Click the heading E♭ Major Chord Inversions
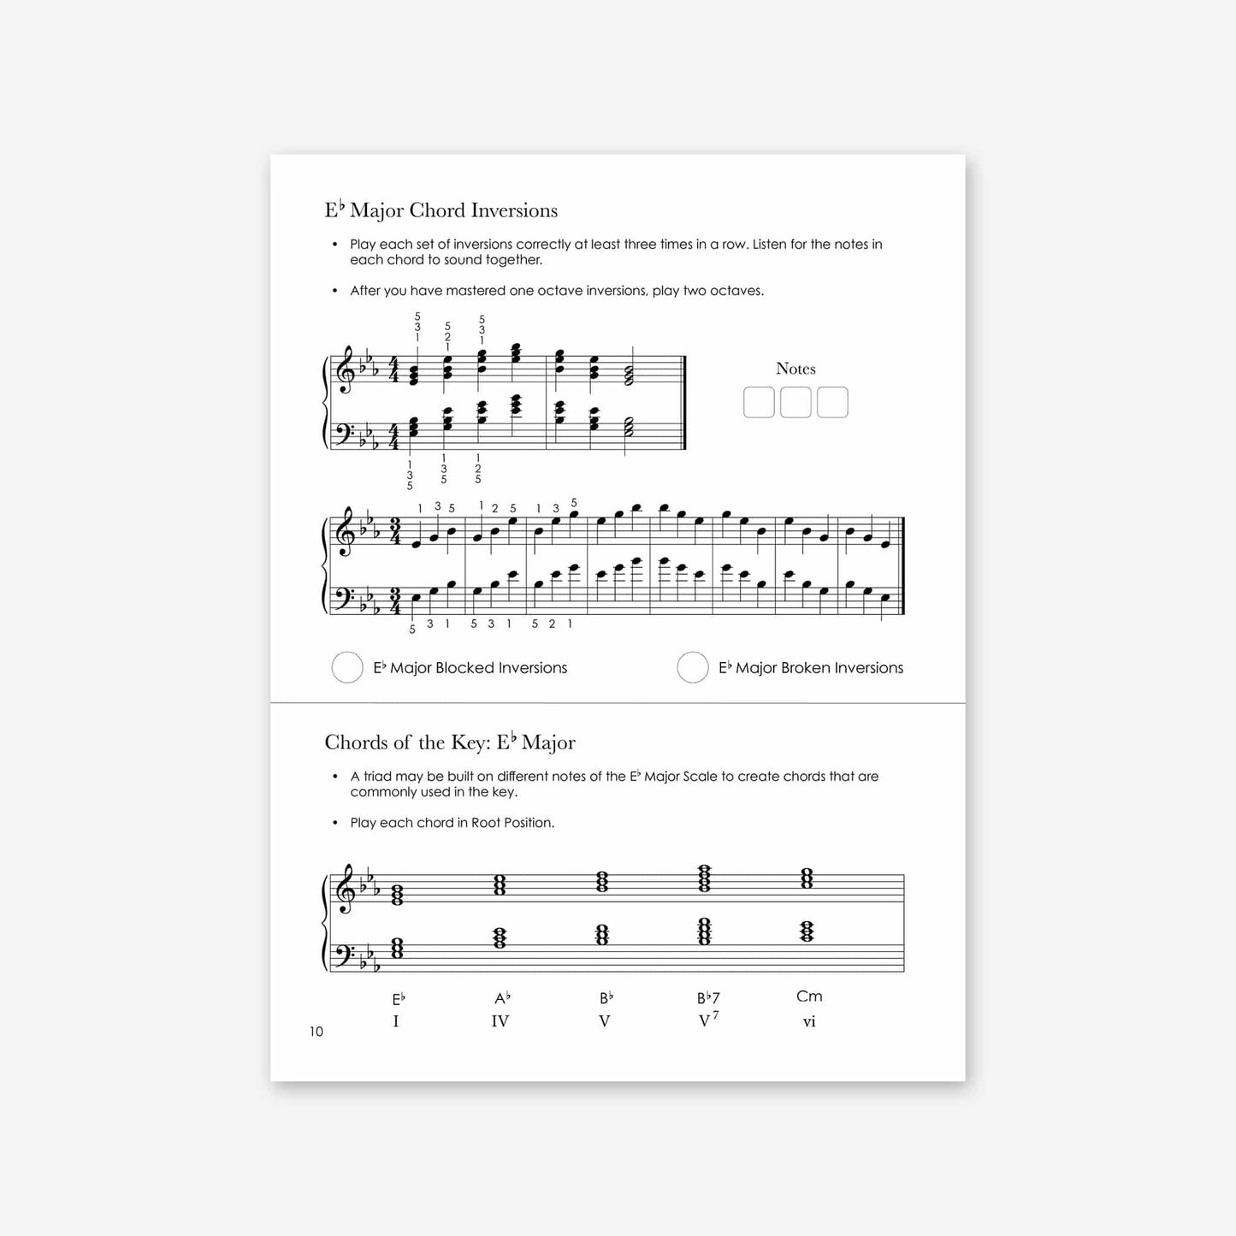441,210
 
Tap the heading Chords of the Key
450,742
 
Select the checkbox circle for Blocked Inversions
347,667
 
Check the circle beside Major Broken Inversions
693,667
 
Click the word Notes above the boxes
795,369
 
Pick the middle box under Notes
795,402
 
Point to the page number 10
316,1032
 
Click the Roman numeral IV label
500,1021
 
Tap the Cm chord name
809,996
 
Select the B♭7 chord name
708,998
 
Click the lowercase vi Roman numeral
809,1021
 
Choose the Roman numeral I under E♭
396,1021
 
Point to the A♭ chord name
502,998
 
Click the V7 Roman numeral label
708,1020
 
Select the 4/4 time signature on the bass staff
394,436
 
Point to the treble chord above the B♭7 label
704,878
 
